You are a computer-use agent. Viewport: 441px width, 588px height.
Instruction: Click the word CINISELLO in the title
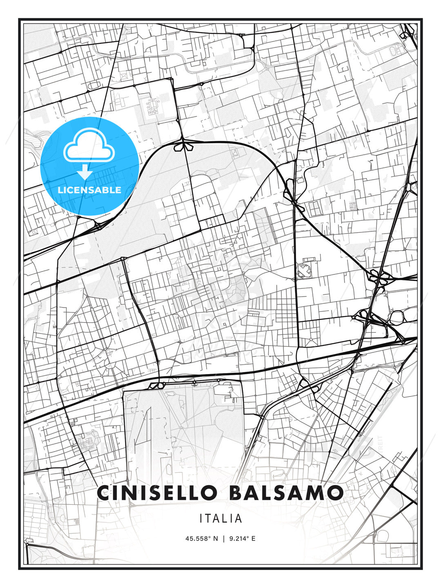(x=157, y=493)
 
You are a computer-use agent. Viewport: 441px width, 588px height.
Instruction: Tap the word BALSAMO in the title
(x=286, y=493)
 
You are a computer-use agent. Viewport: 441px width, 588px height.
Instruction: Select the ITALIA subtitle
(x=220, y=519)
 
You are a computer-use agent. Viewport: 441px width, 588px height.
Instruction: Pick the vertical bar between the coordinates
(x=223, y=539)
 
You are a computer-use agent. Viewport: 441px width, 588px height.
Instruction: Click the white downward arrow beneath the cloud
(x=85, y=173)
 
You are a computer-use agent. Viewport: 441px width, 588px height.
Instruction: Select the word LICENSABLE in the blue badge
(x=89, y=190)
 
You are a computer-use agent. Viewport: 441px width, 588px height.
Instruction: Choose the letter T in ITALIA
(x=209, y=519)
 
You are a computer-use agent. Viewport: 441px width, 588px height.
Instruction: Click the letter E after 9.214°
(x=253, y=539)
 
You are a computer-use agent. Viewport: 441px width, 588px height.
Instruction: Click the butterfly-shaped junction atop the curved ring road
(x=183, y=146)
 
